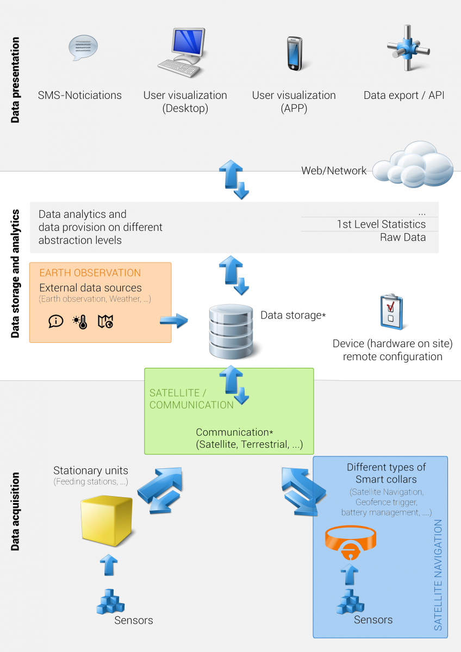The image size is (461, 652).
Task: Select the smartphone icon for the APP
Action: point(294,53)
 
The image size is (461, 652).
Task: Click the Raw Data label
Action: point(403,237)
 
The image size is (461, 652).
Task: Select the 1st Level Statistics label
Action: point(381,224)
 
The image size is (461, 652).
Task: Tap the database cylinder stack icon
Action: point(232,332)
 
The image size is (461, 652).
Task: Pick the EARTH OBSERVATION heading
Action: point(90,273)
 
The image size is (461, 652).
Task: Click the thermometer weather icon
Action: point(80,322)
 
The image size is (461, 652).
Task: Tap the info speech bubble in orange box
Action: point(56,322)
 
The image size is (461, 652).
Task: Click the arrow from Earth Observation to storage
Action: point(173,321)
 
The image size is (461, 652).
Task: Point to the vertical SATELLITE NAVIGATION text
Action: point(439,575)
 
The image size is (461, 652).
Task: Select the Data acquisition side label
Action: point(15,511)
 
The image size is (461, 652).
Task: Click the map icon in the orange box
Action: point(105,322)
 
